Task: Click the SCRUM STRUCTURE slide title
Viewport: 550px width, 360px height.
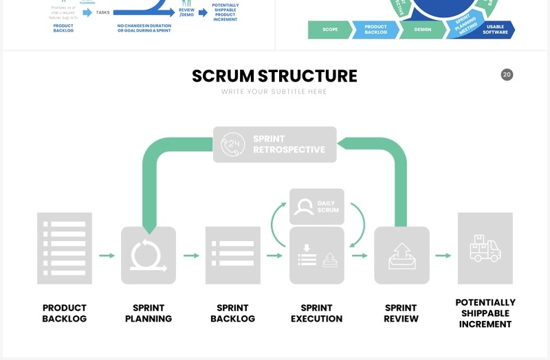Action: tap(274, 76)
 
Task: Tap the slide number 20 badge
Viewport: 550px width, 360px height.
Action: tap(507, 74)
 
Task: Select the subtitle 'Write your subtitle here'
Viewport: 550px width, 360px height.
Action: tap(274, 92)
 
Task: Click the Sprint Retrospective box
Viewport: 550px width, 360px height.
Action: tap(274, 144)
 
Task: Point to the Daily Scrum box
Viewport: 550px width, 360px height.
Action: tap(317, 207)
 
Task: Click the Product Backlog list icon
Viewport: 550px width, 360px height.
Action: tap(65, 248)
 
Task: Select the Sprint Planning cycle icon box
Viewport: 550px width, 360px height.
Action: tap(148, 255)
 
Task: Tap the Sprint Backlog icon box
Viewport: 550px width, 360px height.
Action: tap(233, 255)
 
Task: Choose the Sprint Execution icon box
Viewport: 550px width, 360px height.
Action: tap(317, 256)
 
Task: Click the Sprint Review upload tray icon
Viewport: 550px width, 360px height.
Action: tap(401, 256)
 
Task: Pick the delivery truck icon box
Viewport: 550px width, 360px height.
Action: tap(485, 248)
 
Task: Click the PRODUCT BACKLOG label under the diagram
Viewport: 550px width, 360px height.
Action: tap(65, 313)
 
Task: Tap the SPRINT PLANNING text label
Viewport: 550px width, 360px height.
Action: tap(148, 313)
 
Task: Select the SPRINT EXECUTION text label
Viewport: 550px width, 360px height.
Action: tap(317, 313)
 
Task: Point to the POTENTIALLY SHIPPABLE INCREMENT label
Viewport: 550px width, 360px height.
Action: tap(485, 313)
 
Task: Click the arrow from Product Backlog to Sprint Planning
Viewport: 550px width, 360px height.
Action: tap(107, 256)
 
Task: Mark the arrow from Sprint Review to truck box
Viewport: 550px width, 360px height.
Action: tap(443, 256)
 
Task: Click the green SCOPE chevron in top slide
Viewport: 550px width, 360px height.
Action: tap(329, 30)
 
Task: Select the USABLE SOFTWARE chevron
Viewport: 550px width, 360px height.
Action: tap(495, 30)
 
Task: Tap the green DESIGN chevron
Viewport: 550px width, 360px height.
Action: tap(422, 30)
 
